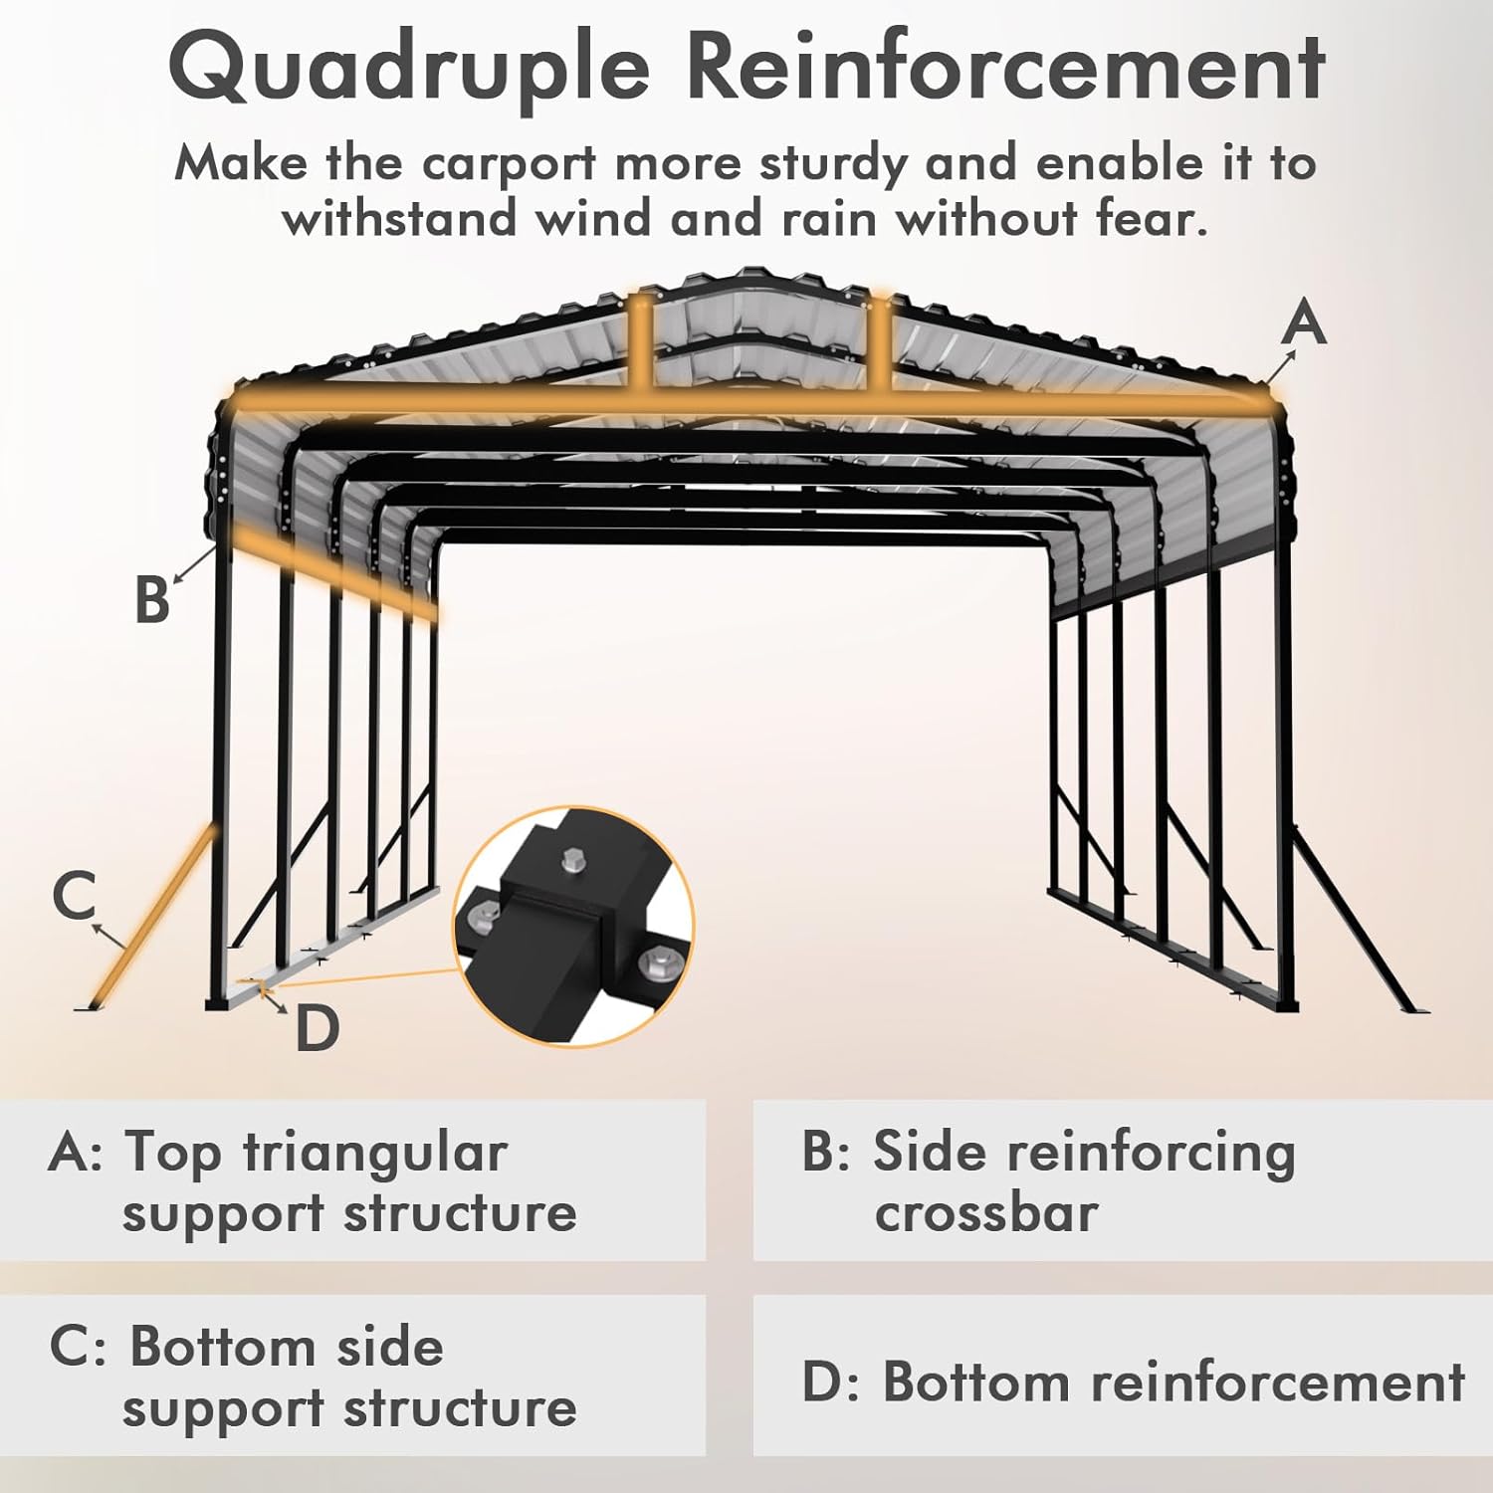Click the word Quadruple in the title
click(x=408, y=68)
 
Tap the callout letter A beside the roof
click(x=1304, y=323)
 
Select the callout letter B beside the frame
click(x=152, y=600)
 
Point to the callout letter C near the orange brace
click(x=75, y=894)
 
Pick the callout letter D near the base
click(x=318, y=1028)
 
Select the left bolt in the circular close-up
click(x=485, y=913)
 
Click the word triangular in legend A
click(x=375, y=1153)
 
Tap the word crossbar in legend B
click(x=985, y=1213)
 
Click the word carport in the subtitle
click(x=509, y=164)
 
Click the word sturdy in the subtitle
click(x=831, y=164)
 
